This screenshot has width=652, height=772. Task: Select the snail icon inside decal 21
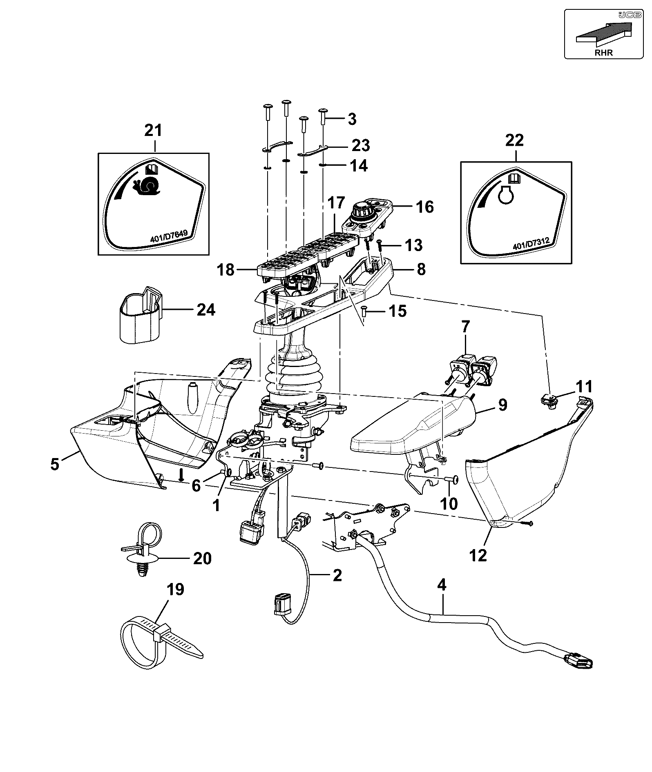click(x=147, y=186)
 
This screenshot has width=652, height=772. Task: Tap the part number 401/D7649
click(x=169, y=237)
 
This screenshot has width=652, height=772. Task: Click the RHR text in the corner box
click(x=604, y=53)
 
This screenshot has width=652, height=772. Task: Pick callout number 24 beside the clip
click(x=205, y=310)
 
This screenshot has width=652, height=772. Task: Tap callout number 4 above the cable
click(x=442, y=585)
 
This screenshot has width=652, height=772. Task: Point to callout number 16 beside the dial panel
click(x=424, y=207)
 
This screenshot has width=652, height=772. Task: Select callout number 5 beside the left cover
click(x=55, y=464)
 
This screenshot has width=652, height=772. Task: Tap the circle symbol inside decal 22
click(x=506, y=196)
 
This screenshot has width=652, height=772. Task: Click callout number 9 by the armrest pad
click(x=502, y=405)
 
